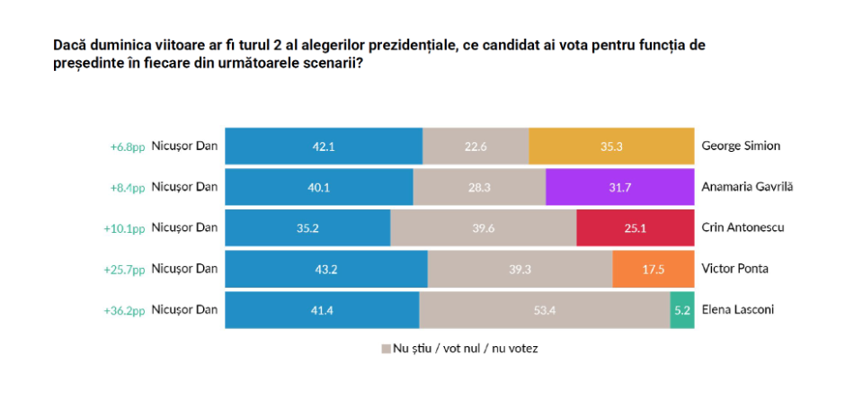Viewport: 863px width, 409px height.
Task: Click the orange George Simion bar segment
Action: (x=611, y=146)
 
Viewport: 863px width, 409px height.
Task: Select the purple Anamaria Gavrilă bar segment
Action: (x=619, y=187)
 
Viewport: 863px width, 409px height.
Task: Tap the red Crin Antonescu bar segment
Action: (x=635, y=227)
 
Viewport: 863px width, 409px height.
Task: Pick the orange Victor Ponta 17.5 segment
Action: (x=653, y=269)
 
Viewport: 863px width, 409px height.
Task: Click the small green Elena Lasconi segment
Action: (x=682, y=310)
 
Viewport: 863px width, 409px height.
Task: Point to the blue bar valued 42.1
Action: (x=323, y=146)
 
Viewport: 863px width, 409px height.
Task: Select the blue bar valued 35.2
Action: (x=307, y=227)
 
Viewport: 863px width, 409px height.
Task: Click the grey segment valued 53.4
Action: (x=544, y=310)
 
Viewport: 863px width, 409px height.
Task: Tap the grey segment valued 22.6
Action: (x=475, y=146)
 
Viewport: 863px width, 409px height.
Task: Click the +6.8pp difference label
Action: (x=127, y=146)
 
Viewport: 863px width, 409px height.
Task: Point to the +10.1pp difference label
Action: (x=125, y=228)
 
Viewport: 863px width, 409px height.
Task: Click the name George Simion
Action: (x=740, y=146)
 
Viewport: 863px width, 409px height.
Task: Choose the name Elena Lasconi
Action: (x=737, y=310)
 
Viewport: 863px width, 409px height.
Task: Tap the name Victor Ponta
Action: (x=734, y=269)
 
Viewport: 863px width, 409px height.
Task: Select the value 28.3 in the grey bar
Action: (x=479, y=187)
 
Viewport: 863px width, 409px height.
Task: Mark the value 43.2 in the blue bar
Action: (x=325, y=269)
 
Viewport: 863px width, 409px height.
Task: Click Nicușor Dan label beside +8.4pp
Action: (x=184, y=187)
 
